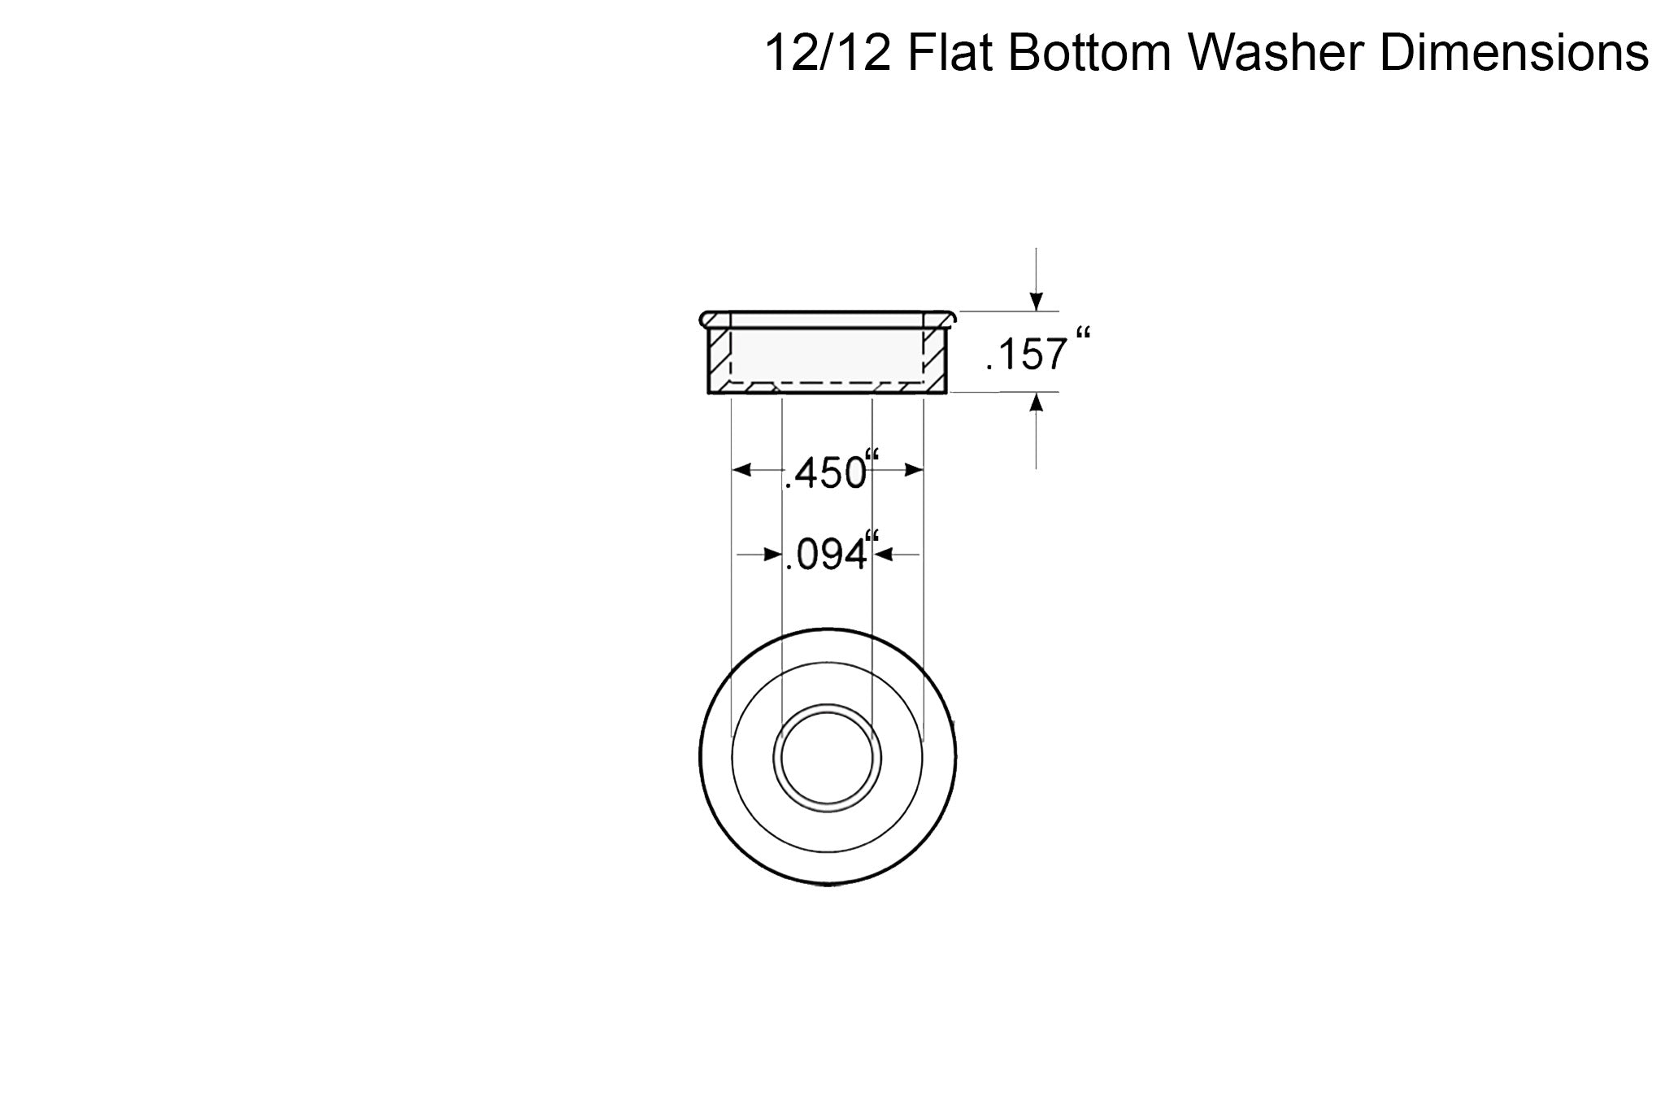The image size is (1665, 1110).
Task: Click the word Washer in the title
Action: pyautogui.click(x=1277, y=54)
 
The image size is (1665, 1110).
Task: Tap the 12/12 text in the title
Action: pyautogui.click(x=828, y=54)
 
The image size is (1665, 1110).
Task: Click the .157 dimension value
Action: pyautogui.click(x=1026, y=355)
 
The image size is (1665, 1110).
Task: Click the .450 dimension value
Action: pyautogui.click(x=824, y=473)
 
